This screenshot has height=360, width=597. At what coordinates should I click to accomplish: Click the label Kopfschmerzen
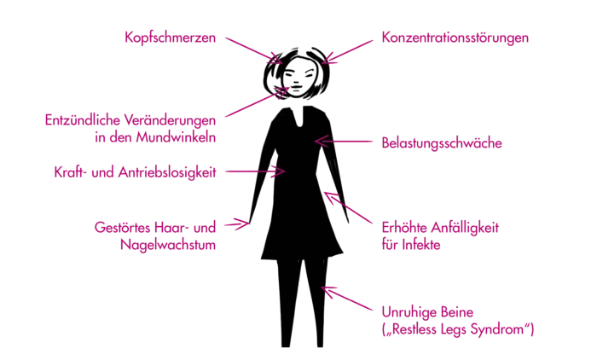[171, 38]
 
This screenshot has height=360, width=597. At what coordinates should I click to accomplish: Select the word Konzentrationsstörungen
[455, 38]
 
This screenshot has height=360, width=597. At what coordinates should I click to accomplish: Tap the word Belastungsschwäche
[442, 143]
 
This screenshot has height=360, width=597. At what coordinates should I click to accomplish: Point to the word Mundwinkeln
[176, 137]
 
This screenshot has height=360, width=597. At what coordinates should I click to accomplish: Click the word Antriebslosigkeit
[167, 172]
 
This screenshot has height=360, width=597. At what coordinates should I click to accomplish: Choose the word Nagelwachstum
[168, 245]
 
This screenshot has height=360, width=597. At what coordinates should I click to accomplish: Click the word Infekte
[421, 245]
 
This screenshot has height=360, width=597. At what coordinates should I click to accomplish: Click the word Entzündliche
[83, 120]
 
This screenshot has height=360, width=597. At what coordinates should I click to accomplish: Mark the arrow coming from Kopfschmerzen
[253, 50]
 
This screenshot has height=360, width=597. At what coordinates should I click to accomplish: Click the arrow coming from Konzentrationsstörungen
[347, 52]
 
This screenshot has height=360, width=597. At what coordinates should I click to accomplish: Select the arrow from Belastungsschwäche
[344, 142]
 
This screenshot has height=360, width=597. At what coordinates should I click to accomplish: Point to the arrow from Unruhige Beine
[347, 299]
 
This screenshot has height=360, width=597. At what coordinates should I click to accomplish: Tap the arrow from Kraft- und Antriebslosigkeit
[255, 171]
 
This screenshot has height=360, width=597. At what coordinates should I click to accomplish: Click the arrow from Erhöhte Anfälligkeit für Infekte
[348, 207]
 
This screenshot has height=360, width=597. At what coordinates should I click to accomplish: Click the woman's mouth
[296, 87]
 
